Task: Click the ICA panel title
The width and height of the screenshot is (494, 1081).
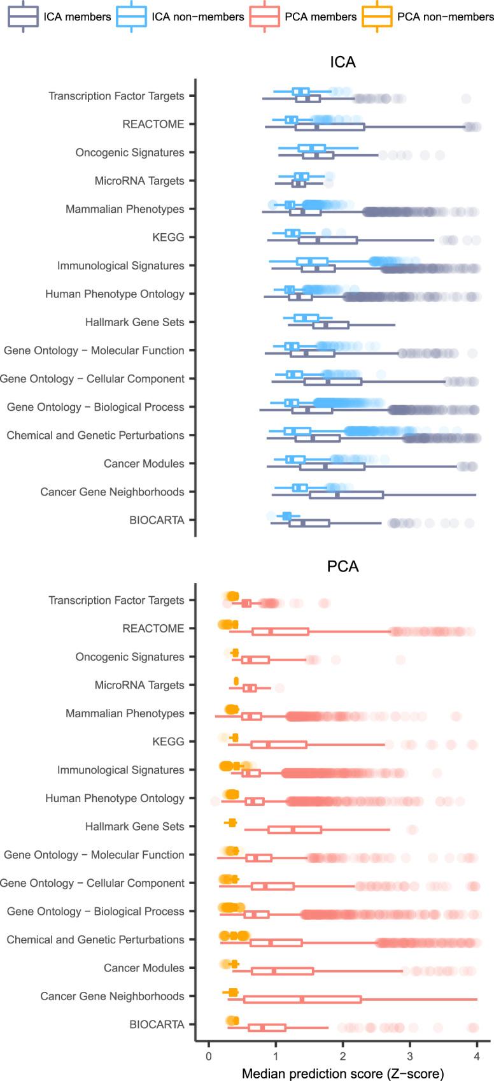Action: (x=342, y=62)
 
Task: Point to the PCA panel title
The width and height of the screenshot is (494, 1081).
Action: (x=342, y=566)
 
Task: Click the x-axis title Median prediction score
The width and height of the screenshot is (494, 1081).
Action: (x=342, y=1073)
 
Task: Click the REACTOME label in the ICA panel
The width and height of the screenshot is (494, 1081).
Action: (x=153, y=124)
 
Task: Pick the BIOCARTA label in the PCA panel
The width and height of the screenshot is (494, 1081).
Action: (x=157, y=1024)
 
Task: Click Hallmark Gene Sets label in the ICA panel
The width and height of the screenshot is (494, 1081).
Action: (x=134, y=322)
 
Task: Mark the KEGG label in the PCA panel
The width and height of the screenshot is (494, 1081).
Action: (x=168, y=741)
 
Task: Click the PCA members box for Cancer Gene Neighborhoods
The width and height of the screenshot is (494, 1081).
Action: (x=302, y=999)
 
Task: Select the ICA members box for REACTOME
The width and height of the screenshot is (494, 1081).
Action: (x=330, y=127)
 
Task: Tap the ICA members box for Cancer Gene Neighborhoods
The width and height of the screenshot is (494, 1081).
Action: (x=346, y=495)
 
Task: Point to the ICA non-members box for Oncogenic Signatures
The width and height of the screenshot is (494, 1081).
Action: (x=311, y=148)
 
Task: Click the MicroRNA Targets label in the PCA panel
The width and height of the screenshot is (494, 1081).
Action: (x=139, y=685)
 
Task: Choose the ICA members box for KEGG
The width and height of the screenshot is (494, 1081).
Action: (x=328, y=240)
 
